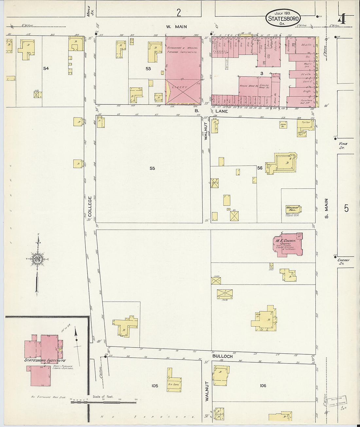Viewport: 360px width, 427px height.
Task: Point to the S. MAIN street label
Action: tap(326, 208)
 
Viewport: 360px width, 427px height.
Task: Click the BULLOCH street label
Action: tap(223, 356)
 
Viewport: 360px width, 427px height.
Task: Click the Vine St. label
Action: tap(343, 146)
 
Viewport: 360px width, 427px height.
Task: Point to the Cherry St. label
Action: tap(343, 262)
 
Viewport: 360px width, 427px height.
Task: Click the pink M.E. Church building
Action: tap(287, 245)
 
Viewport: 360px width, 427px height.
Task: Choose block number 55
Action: tap(152, 169)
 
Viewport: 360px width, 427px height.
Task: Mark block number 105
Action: tap(154, 386)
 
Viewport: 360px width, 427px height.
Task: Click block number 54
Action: tap(46, 68)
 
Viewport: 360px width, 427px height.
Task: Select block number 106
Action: tap(263, 386)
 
